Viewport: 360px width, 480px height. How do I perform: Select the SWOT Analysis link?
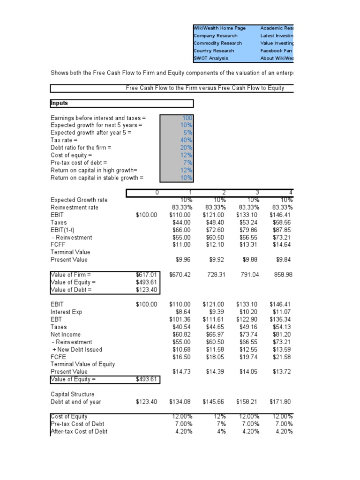[x=211, y=58]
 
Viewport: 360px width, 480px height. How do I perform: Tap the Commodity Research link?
[x=217, y=43]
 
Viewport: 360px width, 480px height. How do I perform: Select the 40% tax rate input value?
[x=187, y=140]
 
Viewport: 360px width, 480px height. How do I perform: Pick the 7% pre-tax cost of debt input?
[x=189, y=163]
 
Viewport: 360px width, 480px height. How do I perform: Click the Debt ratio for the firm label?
[x=81, y=148]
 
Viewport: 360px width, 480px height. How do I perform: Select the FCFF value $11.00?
[x=181, y=245]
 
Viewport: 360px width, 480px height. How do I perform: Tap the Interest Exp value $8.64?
[x=182, y=312]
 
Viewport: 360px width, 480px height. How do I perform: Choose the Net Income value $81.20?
[x=283, y=335]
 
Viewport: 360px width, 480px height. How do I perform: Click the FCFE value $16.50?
[x=181, y=357]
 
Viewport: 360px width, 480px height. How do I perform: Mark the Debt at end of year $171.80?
[x=281, y=402]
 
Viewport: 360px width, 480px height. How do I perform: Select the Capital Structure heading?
[x=72, y=394]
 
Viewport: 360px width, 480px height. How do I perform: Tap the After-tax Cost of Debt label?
[x=79, y=432]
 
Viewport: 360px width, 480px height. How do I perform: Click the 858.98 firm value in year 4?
[x=283, y=275]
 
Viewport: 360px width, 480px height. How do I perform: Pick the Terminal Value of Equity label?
[x=82, y=364]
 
